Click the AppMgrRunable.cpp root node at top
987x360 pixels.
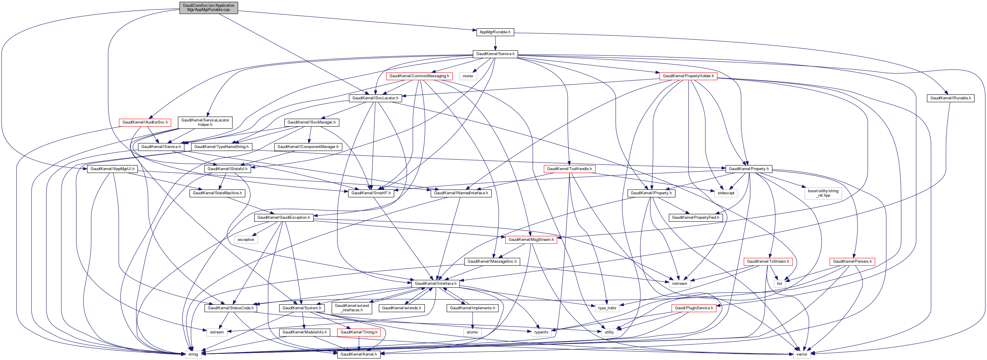[x=208, y=8]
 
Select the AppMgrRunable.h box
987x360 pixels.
[x=495, y=32]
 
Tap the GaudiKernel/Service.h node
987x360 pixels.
[x=495, y=54]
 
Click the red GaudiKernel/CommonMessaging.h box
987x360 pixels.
[x=419, y=76]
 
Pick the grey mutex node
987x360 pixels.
[x=468, y=76]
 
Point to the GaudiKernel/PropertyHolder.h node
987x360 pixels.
[x=688, y=76]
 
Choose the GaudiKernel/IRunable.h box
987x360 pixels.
[x=951, y=98]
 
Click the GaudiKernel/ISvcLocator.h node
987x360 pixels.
[x=375, y=98]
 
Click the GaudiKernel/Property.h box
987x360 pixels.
[x=749, y=169]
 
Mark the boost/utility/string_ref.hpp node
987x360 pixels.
[x=823, y=193]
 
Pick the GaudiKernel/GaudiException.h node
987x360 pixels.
[x=283, y=218]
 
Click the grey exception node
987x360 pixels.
[x=246, y=240]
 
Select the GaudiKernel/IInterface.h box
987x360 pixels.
[x=436, y=284]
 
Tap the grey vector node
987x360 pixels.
[x=802, y=355]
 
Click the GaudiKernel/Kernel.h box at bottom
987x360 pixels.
[x=359, y=355]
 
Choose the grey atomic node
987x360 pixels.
[x=472, y=332]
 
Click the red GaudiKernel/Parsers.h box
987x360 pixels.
[x=852, y=262]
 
